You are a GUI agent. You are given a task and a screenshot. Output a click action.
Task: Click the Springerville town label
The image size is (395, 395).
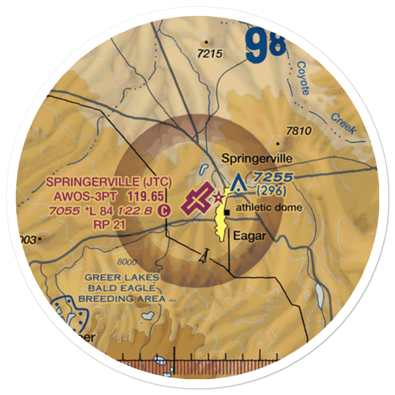(x=257, y=159)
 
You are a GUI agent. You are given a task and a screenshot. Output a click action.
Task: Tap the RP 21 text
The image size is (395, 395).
(x=109, y=225)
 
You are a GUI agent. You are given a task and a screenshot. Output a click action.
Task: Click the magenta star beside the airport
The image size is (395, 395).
(x=218, y=196)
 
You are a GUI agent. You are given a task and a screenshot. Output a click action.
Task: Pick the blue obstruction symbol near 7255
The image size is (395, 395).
(x=237, y=183)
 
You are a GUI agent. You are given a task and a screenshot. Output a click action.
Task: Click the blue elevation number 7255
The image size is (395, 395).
(x=274, y=177)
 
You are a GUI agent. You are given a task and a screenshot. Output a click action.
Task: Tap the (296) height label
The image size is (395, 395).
(x=271, y=191)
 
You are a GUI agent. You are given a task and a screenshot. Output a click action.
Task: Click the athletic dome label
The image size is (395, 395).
(x=269, y=208)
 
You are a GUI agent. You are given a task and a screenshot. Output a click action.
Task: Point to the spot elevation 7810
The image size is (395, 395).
(x=299, y=131)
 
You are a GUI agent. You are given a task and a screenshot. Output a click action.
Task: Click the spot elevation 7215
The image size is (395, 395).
(x=211, y=54)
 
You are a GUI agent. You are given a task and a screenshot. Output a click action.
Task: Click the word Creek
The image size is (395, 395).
(x=343, y=123)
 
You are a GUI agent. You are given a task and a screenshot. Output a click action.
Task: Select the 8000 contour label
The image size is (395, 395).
(x=127, y=262)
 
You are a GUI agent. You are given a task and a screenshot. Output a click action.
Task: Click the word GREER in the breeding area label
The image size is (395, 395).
(x=100, y=278)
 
